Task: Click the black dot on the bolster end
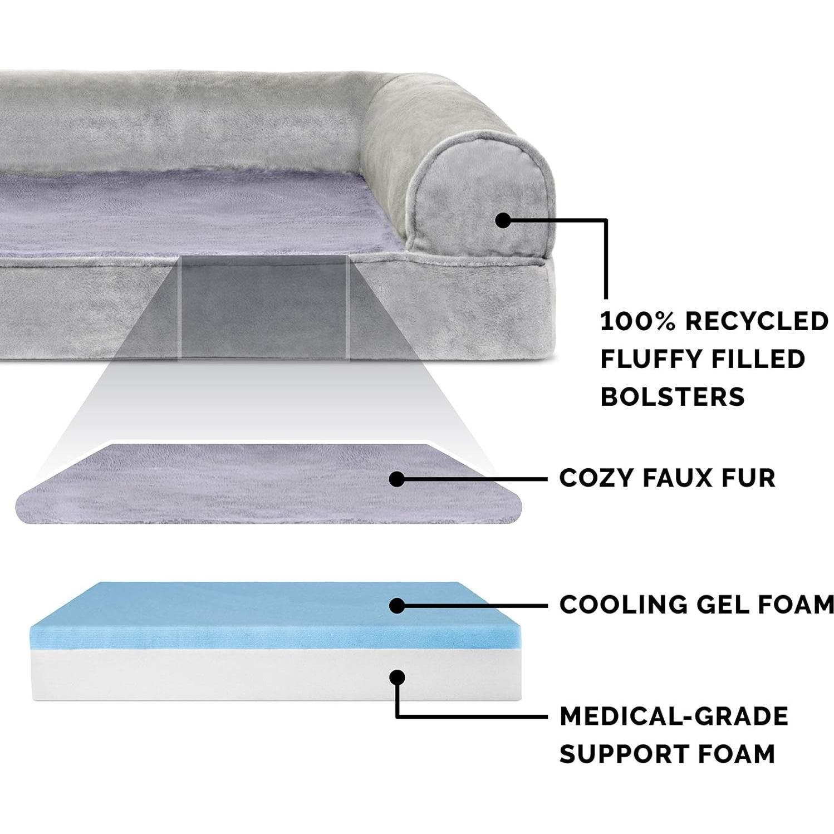503,220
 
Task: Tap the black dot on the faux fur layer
396,479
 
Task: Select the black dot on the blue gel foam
396,605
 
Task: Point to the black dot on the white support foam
396,677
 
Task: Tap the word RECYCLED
757,321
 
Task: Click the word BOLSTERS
672,397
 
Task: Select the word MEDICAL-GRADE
674,716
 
